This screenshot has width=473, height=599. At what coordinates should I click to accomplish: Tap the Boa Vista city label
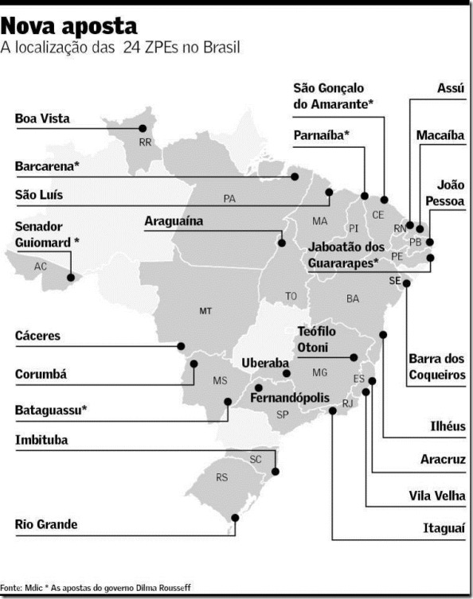[x=42, y=119]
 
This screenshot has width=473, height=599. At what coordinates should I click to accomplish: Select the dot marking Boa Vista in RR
[x=143, y=128]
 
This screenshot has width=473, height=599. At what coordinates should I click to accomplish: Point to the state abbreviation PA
[x=229, y=198]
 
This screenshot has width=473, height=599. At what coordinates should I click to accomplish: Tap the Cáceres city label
[x=37, y=336]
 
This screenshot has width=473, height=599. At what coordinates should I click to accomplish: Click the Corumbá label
[x=41, y=374]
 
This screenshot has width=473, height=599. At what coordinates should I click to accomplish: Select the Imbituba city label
[x=41, y=440]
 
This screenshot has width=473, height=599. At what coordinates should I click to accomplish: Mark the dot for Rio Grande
[x=234, y=518]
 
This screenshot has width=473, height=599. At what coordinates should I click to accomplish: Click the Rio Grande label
[x=46, y=524]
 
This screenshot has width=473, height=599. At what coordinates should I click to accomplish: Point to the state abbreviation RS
[x=222, y=477]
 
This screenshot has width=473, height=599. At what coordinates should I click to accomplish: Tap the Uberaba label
[x=264, y=362]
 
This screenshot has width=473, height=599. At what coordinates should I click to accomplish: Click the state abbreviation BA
[x=353, y=298]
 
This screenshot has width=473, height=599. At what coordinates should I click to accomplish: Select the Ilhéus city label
[x=446, y=426]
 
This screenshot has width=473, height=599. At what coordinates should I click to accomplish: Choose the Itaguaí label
[x=444, y=528]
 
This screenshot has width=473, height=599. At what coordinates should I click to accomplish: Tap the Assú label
[x=451, y=89]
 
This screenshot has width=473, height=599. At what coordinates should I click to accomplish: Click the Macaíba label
[x=440, y=135]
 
